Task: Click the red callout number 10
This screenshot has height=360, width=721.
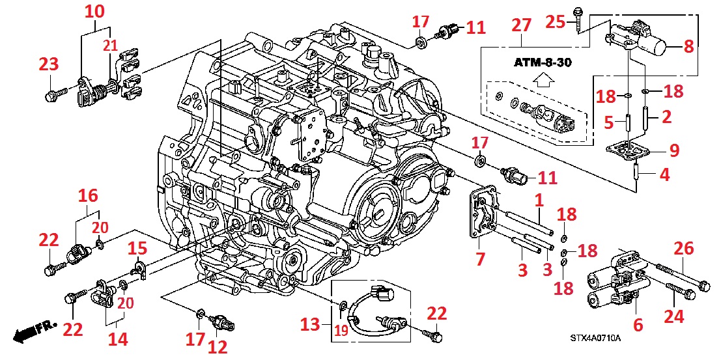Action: click(94, 12)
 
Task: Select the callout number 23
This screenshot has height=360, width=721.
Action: click(49, 64)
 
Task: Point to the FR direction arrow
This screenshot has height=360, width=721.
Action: click(34, 333)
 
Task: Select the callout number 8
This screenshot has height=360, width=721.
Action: click(688, 46)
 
